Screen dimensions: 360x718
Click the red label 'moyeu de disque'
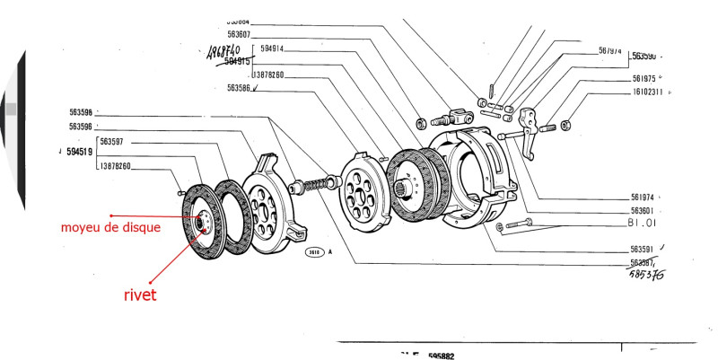point(110,227)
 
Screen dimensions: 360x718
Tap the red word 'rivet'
point(139,294)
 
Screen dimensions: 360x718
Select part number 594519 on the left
point(78,154)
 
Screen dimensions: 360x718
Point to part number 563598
point(82,113)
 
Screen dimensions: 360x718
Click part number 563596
point(82,127)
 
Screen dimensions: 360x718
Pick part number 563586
point(239,88)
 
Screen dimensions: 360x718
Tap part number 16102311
point(646,91)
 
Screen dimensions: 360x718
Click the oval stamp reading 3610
point(314,252)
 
